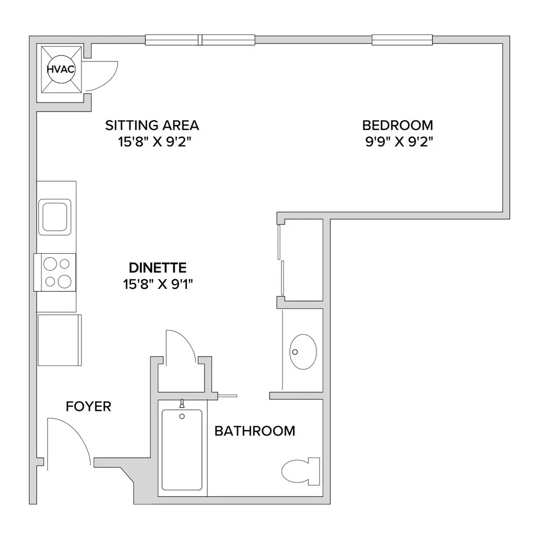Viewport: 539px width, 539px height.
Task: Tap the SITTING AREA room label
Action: tap(152, 126)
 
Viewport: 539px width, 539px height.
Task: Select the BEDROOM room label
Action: tap(398, 126)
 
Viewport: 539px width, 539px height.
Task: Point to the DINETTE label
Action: tap(158, 267)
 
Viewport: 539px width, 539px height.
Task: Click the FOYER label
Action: tap(88, 406)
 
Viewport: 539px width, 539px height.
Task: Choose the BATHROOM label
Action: tap(255, 431)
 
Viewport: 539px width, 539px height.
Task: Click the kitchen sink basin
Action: tap(54, 217)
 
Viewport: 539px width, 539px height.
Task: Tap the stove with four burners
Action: tap(54, 272)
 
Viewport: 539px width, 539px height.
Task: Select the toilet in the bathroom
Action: tap(301, 471)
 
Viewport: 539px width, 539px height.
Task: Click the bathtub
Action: tap(182, 450)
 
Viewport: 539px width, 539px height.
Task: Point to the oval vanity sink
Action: tap(303, 351)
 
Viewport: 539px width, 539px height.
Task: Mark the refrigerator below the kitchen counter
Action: tap(59, 340)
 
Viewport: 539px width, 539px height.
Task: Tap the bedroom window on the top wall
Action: tap(402, 40)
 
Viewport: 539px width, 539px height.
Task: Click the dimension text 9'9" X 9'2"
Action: tap(399, 141)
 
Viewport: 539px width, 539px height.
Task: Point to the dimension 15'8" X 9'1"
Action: tap(158, 284)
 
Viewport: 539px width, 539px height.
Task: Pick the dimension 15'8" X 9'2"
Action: tap(154, 141)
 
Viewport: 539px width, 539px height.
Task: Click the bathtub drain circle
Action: tap(182, 416)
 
